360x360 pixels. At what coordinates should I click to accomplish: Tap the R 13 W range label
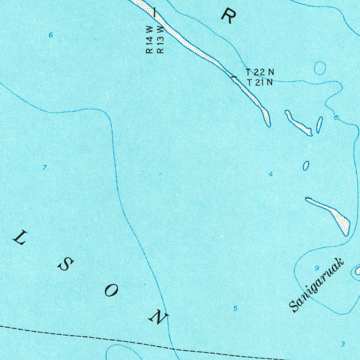tap(160, 39)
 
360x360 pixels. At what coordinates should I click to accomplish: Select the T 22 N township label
tap(259, 72)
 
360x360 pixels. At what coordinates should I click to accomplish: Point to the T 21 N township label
tap(259, 83)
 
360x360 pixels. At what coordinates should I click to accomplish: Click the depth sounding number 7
tap(44, 168)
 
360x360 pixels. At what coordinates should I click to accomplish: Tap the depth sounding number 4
tap(270, 174)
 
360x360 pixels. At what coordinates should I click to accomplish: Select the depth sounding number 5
tap(235, 309)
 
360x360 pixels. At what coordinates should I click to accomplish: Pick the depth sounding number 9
tap(316, 268)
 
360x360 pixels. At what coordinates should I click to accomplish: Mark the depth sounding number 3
tap(343, 344)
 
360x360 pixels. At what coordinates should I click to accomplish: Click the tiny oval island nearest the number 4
tap(306, 166)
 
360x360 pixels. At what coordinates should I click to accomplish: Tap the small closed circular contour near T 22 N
tap(320, 68)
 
